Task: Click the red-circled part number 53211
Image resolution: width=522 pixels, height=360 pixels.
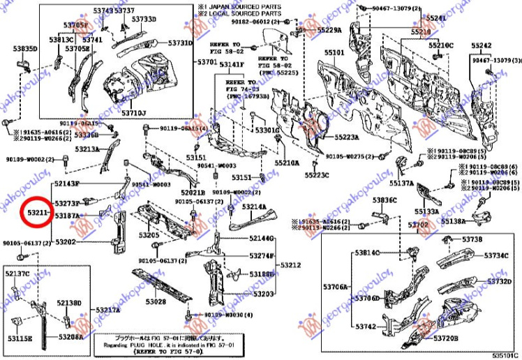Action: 36,209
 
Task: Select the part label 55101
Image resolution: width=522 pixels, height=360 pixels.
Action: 334,53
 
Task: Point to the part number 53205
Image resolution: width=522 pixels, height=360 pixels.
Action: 148,236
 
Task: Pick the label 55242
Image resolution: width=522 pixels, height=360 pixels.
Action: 482,45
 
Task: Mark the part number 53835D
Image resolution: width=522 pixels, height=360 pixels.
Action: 24,49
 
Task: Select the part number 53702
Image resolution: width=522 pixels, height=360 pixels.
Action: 418,224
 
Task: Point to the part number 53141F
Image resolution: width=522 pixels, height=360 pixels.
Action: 232,65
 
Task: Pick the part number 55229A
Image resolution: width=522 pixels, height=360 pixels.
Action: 329,31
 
